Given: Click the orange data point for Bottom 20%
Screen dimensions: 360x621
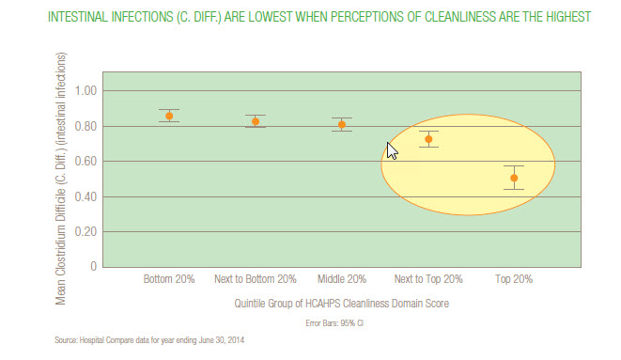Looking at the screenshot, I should [x=169, y=117].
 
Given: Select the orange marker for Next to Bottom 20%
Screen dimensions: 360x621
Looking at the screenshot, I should [x=255, y=121].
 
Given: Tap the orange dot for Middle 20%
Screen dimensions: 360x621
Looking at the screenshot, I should [x=342, y=124].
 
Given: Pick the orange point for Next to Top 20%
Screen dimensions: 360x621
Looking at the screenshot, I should [x=428, y=139].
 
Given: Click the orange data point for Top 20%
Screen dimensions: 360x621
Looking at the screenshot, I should [x=514, y=178].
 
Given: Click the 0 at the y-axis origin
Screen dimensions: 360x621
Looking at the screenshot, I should [x=92, y=267].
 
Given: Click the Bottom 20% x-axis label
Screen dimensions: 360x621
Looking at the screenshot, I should [x=169, y=280].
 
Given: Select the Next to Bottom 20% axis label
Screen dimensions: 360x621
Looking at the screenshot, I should [x=255, y=280].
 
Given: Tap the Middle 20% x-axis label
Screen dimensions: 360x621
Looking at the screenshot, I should [x=342, y=280].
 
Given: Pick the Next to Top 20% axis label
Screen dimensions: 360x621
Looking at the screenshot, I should [x=427, y=280].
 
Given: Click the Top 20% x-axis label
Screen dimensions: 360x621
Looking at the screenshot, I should [x=514, y=280].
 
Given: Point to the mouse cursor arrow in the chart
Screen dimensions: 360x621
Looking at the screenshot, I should [x=392, y=150].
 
